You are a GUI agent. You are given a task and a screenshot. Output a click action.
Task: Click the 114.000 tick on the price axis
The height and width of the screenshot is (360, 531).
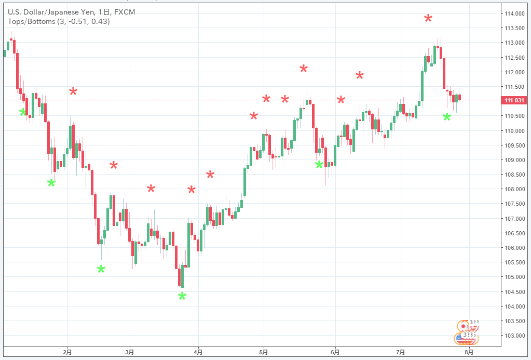tap(513, 13)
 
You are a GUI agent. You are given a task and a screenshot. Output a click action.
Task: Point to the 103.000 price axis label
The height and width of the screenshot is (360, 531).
tap(513, 335)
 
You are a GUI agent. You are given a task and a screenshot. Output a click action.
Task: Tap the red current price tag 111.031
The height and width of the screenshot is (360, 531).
tap(513, 100)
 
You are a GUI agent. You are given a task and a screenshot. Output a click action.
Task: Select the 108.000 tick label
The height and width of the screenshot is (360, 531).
tap(513, 189)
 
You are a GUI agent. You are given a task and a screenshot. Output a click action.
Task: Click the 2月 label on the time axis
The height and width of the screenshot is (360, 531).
tap(67, 352)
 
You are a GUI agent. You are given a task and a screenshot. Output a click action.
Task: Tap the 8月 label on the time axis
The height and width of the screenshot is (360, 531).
tap(469, 352)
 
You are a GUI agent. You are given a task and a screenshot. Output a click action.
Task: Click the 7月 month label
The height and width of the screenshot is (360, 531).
tap(400, 352)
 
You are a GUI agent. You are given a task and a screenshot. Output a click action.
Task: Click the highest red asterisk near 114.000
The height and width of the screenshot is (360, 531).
tap(428, 19)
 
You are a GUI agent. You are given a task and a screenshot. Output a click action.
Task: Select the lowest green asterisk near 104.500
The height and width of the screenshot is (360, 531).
tap(182, 297)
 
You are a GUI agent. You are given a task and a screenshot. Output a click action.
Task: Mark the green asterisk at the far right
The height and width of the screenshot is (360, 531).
tap(447, 117)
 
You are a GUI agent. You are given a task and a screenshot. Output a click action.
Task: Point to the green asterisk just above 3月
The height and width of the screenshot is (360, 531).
tap(101, 269)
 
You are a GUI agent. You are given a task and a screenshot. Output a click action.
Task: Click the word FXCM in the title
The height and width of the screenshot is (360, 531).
tap(125, 12)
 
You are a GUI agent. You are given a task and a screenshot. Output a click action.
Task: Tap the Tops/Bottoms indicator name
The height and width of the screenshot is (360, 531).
tap(29, 21)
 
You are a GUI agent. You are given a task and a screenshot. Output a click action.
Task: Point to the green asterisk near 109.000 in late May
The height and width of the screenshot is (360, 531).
tap(319, 165)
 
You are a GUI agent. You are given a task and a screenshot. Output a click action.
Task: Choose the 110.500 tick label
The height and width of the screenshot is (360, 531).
tap(513, 116)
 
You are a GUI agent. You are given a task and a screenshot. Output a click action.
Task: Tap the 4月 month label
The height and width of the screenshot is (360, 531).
tap(198, 352)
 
